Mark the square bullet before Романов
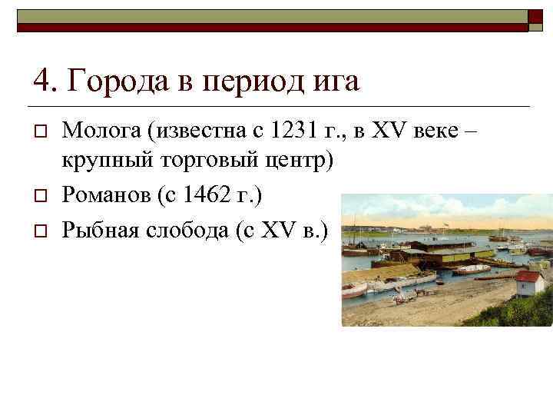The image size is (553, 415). pyautogui.click(x=38, y=197)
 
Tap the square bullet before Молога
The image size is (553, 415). pyautogui.click(x=38, y=131)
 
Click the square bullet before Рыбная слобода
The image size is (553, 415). pyautogui.click(x=38, y=229)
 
